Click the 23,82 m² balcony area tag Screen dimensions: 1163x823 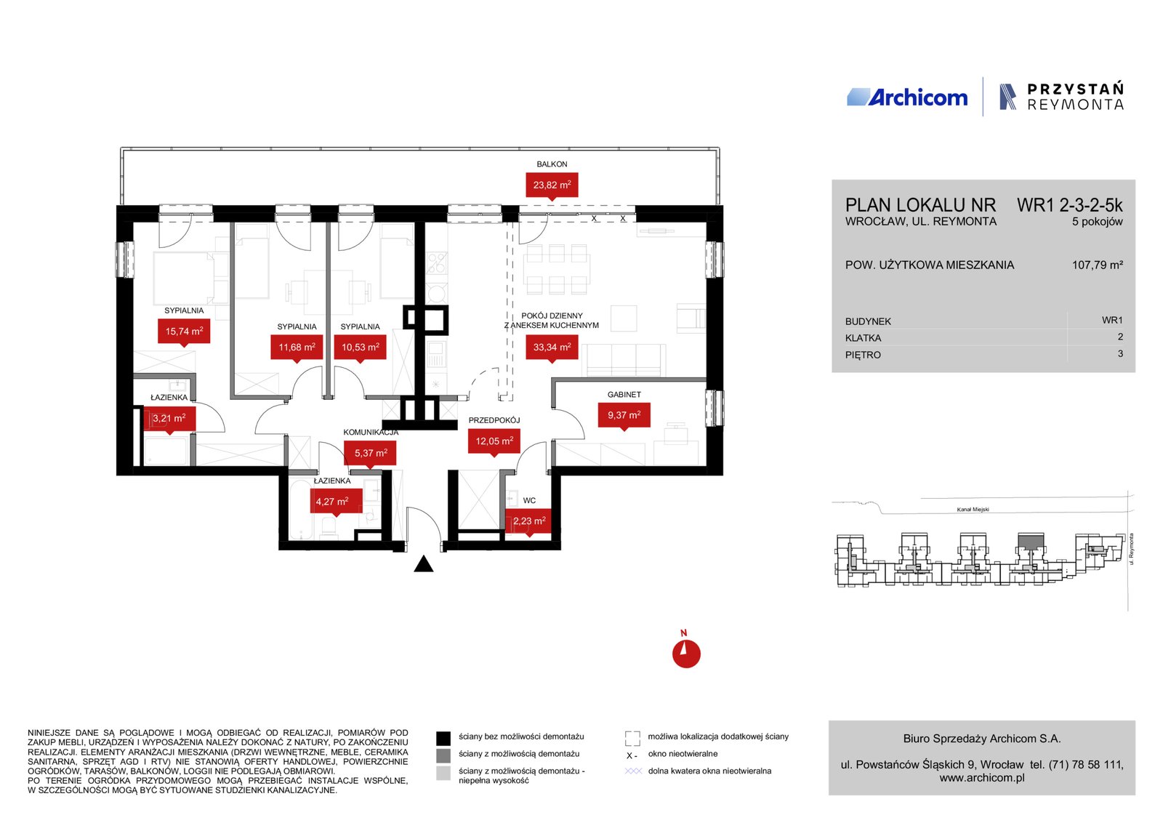coord(552,185)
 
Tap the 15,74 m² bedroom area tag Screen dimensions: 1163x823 coord(184,332)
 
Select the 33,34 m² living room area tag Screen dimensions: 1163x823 coord(552,347)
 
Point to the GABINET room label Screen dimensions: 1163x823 coord(624,395)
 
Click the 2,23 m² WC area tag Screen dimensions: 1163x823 coord(529,521)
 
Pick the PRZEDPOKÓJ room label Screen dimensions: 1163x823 coord(494,420)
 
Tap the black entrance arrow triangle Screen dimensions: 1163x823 coord(424,564)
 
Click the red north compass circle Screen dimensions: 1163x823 coord(686,654)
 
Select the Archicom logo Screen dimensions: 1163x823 coord(907,97)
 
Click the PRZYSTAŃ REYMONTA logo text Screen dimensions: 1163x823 coord(1075,97)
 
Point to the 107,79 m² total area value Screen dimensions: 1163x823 coord(1098,265)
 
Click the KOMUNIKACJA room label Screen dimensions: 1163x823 coord(371,433)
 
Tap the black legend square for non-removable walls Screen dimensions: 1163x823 coord(443,739)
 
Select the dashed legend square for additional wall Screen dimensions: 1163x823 coord(632,739)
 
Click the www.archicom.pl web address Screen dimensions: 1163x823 coord(982,778)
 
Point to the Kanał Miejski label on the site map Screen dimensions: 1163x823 coord(973,510)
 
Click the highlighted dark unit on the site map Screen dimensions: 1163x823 coord(1031,542)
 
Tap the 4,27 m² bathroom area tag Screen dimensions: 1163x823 coord(332,502)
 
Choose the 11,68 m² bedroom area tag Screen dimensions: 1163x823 coord(297,348)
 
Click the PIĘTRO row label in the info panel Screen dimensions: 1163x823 coord(863,356)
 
